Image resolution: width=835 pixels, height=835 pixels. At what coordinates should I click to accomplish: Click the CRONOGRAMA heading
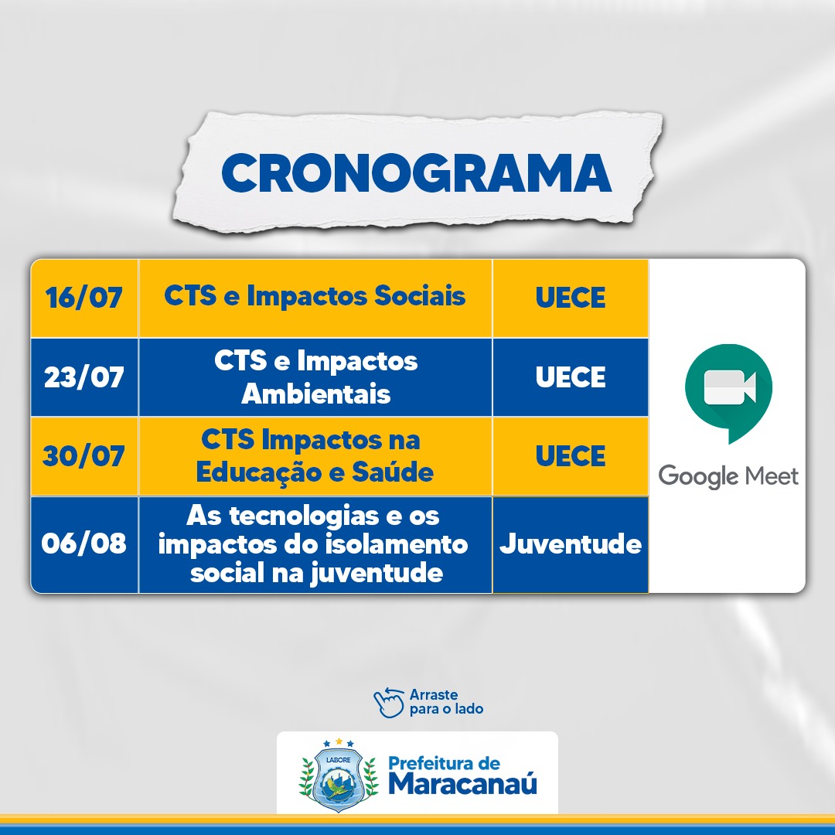(x=417, y=173)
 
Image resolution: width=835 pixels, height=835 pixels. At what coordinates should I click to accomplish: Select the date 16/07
(x=84, y=297)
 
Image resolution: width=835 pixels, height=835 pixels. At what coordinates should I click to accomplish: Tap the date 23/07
(x=84, y=377)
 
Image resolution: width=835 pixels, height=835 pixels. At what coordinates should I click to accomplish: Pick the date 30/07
(x=83, y=456)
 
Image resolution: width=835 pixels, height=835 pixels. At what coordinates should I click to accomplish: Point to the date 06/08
(x=84, y=544)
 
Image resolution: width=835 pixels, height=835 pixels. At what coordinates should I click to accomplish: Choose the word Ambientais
(x=315, y=394)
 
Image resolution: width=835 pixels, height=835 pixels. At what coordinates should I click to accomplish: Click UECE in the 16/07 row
(x=571, y=297)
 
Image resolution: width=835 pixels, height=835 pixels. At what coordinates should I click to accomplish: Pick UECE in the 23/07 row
(x=571, y=377)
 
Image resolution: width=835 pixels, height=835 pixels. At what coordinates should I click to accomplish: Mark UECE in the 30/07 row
(x=571, y=456)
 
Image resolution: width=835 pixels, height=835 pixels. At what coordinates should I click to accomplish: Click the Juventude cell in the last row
(x=571, y=544)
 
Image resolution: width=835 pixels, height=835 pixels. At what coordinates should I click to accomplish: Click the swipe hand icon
(x=389, y=702)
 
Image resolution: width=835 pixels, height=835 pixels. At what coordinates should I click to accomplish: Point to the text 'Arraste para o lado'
(x=446, y=702)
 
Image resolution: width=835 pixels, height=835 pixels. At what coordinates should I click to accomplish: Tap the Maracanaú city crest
(x=339, y=775)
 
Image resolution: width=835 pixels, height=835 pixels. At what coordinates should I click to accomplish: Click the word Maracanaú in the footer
(x=463, y=783)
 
